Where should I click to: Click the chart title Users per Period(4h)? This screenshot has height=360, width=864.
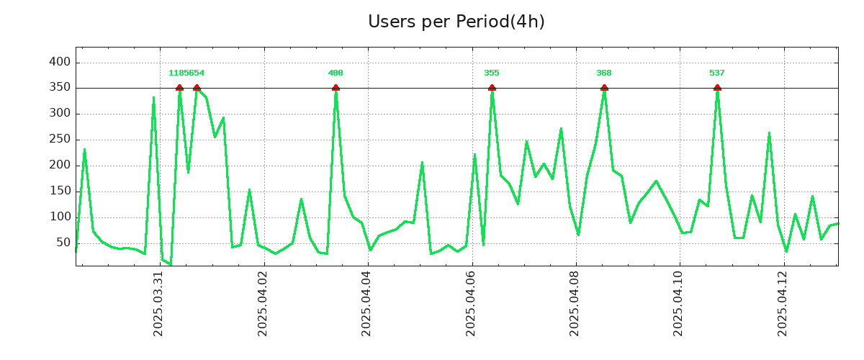456,22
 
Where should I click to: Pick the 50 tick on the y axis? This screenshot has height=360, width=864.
63,243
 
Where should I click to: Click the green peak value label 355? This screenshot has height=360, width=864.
492,73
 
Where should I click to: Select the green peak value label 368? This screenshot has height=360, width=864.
604,73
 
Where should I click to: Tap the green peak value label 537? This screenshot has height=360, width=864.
717,73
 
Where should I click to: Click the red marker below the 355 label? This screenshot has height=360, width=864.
492,88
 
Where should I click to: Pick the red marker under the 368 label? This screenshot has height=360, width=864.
604,88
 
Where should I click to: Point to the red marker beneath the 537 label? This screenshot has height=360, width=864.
717,88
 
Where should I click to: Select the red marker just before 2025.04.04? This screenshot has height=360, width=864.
336,88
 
